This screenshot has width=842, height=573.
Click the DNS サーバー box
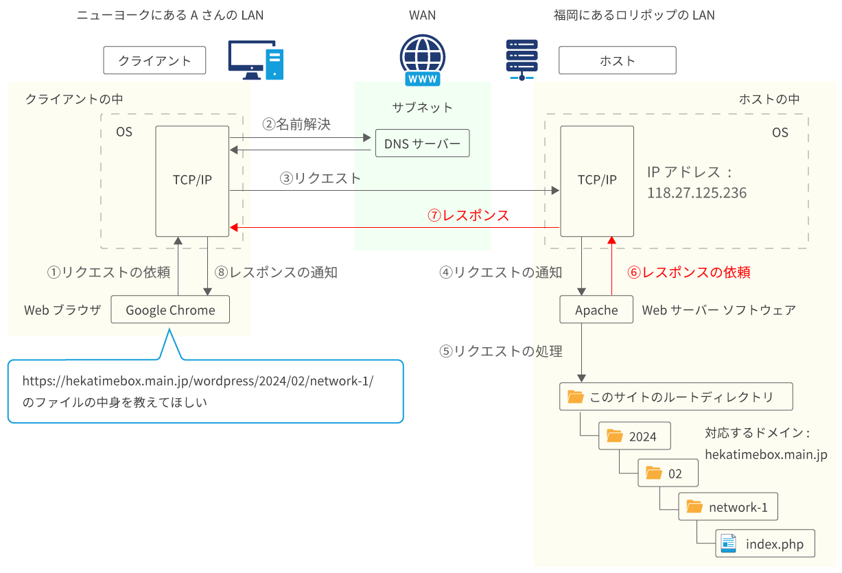click(422, 143)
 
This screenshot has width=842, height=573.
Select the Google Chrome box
click(170, 310)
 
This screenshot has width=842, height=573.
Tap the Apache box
click(596, 310)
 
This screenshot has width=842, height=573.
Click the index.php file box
click(764, 544)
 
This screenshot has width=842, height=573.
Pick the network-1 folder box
click(728, 507)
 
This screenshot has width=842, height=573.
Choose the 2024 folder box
click(635, 436)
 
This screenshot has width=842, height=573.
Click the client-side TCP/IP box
click(192, 180)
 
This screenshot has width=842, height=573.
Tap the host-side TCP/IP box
click(597, 180)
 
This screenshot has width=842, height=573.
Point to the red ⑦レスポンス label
click(469, 215)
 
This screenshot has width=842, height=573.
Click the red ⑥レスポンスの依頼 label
click(689, 272)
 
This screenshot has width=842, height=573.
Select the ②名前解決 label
click(296, 124)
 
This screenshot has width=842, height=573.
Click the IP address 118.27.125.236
click(697, 194)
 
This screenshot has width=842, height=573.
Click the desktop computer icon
click(255, 60)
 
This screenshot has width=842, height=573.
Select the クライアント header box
click(154, 60)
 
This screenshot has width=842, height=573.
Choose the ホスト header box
click(617, 60)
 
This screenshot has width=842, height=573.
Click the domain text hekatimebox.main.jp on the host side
click(766, 454)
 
